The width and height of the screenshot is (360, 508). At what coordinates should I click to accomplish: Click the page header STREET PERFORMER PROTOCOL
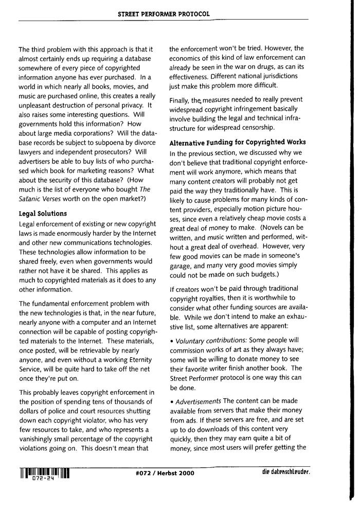[164, 14]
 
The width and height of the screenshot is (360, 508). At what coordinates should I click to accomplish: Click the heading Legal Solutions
[44, 214]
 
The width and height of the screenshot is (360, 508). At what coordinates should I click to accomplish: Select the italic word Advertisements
[199, 400]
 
